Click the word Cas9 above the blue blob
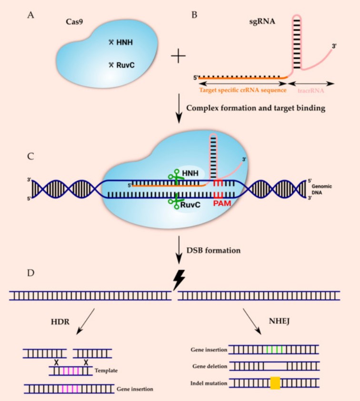tap(75, 22)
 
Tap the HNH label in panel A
tap(125, 42)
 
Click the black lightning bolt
tap(178, 281)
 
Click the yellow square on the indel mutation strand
tap(275, 383)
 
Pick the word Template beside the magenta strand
tap(107, 369)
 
